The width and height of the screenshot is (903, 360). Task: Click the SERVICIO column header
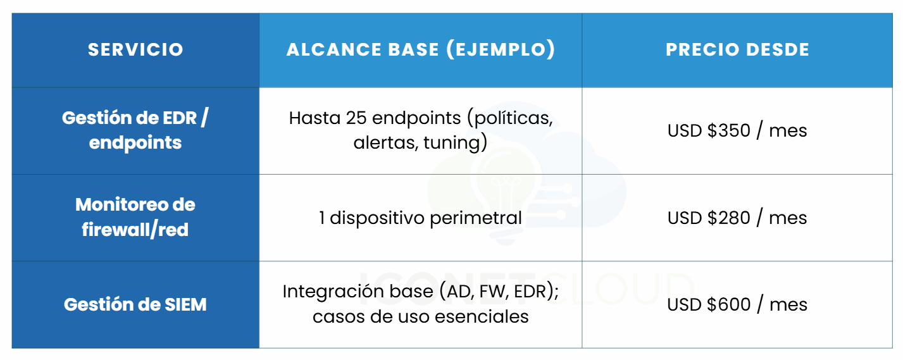(x=135, y=49)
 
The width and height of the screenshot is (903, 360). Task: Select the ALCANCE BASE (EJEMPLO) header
(x=421, y=49)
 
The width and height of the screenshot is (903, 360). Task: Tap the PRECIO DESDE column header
(x=737, y=49)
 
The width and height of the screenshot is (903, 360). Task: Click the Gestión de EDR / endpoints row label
(x=135, y=130)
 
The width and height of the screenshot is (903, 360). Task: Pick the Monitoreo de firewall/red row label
(x=135, y=217)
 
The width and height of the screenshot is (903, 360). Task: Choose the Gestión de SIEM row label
(x=135, y=304)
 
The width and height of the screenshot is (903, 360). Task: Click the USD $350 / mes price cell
(x=737, y=130)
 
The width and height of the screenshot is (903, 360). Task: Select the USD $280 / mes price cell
(x=737, y=218)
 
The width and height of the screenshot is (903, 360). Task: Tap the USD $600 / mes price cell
(x=737, y=304)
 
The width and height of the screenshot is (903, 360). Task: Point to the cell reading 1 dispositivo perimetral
(x=420, y=218)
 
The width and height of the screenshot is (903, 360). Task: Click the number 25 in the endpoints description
(x=356, y=118)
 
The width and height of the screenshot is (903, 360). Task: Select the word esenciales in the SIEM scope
(x=482, y=317)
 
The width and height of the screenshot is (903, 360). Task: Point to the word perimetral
(x=476, y=218)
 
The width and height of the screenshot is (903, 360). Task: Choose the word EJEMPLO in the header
(x=501, y=49)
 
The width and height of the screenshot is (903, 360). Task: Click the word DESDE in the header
(x=778, y=49)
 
